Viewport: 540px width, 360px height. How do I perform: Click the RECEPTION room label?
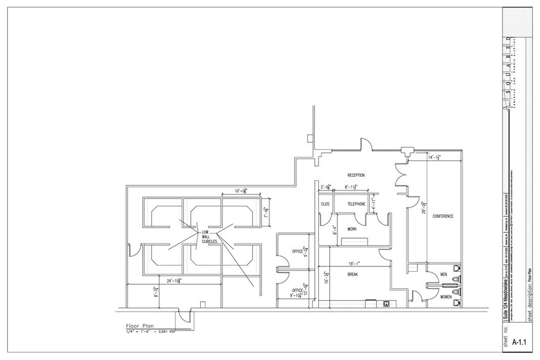(x=356, y=175)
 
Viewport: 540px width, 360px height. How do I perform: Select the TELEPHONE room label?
(x=356, y=204)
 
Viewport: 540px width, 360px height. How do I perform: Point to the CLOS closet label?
(x=324, y=204)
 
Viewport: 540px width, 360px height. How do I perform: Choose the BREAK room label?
(x=352, y=274)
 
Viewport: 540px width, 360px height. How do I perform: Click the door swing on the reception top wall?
(x=365, y=146)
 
